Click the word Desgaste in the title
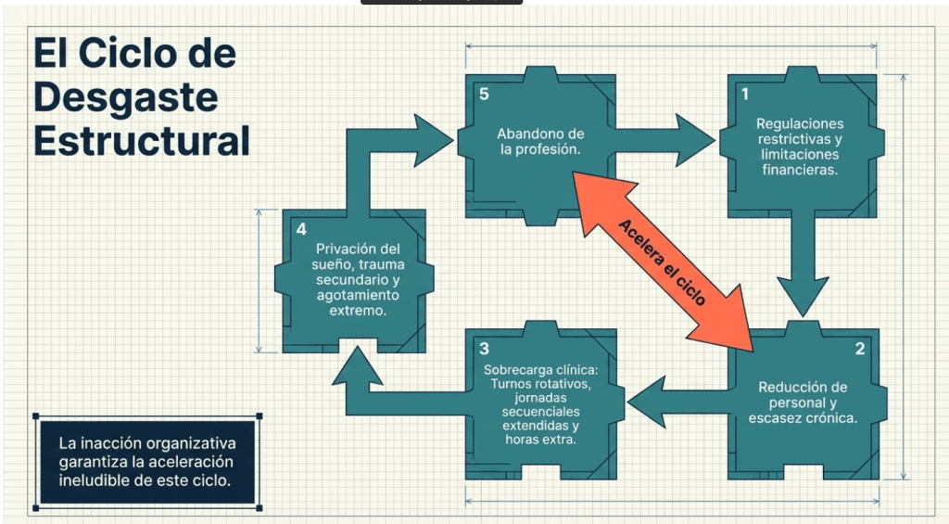[126, 96]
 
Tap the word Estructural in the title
[142, 141]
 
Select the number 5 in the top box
[483, 94]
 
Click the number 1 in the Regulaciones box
[744, 94]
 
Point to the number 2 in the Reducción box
[859, 349]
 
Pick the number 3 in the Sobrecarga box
[485, 349]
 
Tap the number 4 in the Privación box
[301, 229]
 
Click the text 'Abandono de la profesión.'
[540, 141]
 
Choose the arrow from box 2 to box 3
[677, 398]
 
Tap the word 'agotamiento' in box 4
[358, 295]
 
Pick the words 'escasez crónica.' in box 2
[803, 417]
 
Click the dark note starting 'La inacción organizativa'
[147, 462]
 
